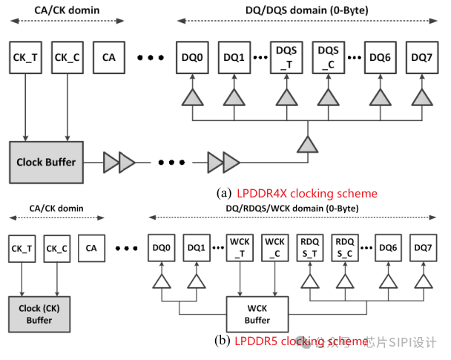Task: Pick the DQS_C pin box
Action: (x=327, y=57)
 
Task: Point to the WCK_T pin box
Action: (x=239, y=247)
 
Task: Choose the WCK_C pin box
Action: (x=274, y=247)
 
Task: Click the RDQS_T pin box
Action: (x=309, y=247)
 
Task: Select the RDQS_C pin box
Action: (x=344, y=247)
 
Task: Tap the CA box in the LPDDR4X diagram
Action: (x=109, y=57)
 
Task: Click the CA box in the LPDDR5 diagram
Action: (x=91, y=247)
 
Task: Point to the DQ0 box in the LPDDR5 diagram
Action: (x=161, y=247)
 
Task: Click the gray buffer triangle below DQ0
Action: (x=192, y=97)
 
